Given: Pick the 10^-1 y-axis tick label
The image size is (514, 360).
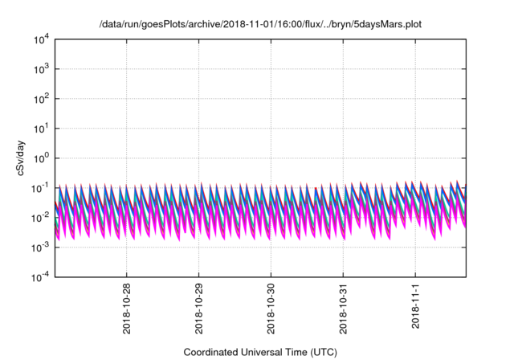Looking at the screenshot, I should coord(39,187).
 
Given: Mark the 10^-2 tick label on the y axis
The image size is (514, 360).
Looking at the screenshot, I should coord(39,217).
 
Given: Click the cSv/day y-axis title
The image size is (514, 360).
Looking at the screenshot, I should coord(18,157).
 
